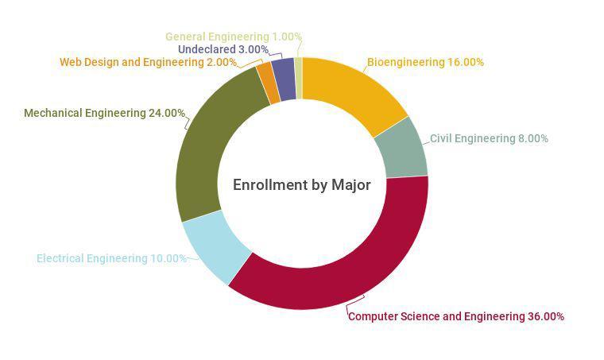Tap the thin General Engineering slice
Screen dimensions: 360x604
point(298,78)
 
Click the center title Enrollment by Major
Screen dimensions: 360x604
point(301,184)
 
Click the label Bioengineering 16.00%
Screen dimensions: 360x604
point(425,62)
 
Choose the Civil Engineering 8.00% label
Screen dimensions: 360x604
point(489,138)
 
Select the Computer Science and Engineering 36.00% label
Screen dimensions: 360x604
point(456,316)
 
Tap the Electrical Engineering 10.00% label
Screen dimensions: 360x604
point(111,258)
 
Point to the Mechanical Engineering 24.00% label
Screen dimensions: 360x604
point(104,113)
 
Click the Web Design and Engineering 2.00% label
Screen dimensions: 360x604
point(148,62)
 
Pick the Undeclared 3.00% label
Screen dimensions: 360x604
point(223,49)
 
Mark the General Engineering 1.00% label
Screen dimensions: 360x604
point(233,37)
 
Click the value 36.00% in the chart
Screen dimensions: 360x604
point(546,316)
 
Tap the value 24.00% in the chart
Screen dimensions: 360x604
point(167,113)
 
